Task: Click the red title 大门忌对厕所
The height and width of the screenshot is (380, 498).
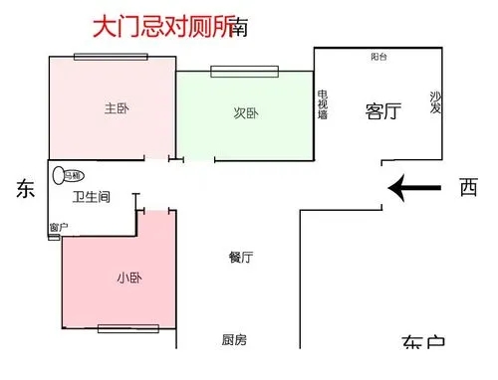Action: pos(162,26)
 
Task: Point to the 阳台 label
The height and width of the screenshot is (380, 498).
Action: pos(378,58)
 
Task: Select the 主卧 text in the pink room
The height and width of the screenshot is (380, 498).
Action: pos(116,108)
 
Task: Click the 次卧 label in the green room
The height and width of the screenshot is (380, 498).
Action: pos(246,113)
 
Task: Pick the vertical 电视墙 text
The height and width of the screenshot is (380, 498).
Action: pos(323,104)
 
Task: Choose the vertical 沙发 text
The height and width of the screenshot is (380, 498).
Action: pos(435,102)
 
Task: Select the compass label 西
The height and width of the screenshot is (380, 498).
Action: pos(467,188)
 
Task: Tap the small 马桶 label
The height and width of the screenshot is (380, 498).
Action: pos(73,176)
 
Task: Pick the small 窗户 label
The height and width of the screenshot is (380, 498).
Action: pos(58,227)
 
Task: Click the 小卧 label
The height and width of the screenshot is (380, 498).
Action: pos(128,278)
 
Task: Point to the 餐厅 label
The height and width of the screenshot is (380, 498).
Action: pos(240,258)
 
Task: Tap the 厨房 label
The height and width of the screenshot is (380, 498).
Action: pos(234,340)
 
